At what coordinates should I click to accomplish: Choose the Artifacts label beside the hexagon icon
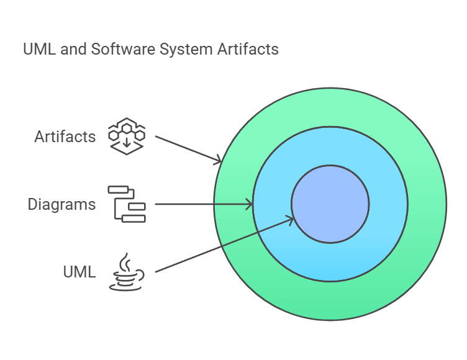point(65,136)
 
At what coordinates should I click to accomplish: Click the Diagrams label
point(61,204)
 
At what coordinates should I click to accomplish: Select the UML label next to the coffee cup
point(79,272)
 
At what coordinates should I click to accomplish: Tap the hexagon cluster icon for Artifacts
point(127,136)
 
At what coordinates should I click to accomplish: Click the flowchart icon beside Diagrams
point(127,204)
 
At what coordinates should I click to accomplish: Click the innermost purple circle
point(330,204)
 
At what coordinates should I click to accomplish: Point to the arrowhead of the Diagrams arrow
point(250,204)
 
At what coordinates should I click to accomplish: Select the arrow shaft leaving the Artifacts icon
point(186,148)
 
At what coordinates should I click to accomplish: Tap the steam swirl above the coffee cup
point(126,261)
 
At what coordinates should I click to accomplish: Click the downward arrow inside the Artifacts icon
point(127,143)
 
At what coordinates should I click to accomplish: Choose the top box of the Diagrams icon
point(117,190)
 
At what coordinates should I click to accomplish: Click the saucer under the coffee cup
point(126,286)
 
